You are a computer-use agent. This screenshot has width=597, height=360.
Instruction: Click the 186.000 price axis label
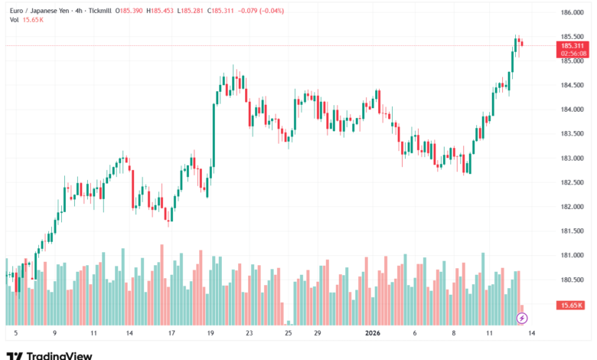[573, 12]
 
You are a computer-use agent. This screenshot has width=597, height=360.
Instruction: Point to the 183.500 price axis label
[573, 134]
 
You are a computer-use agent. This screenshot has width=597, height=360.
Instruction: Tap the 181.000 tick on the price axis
[573, 255]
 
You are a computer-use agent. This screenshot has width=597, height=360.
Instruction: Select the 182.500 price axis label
[573, 182]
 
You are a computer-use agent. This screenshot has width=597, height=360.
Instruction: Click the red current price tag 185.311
[573, 46]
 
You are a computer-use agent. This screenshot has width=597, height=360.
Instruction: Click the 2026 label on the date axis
[373, 334]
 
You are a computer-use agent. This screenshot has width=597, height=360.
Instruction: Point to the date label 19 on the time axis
[210, 334]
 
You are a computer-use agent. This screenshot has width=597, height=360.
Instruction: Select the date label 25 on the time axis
[288, 334]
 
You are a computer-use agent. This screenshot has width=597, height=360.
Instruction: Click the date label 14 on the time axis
[129, 334]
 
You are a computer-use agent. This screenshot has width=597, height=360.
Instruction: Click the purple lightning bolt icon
[522, 317]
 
